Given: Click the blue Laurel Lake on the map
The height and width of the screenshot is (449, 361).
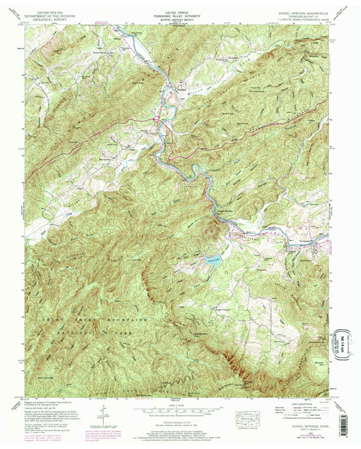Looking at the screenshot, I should (x=213, y=258).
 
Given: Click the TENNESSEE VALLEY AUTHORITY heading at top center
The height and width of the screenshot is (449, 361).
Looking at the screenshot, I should (x=180, y=16).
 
